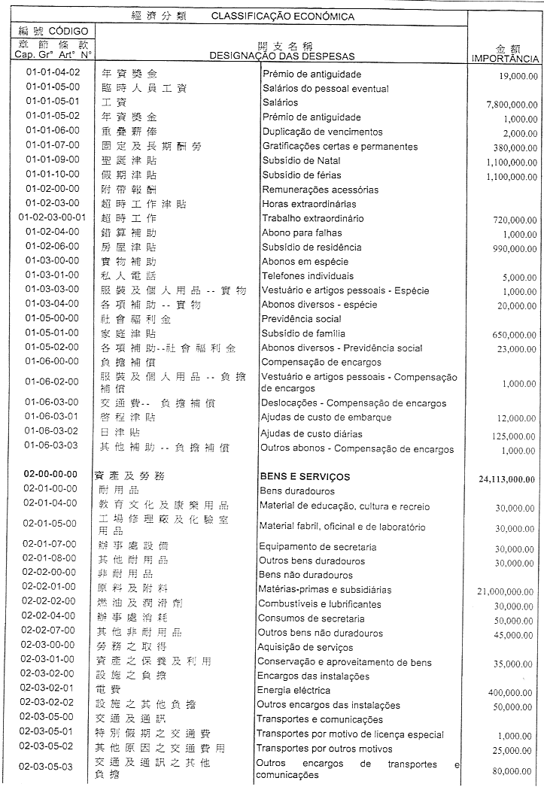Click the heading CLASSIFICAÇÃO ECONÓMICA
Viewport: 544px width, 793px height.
click(x=283, y=16)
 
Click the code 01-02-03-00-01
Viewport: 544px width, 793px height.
click(x=51, y=218)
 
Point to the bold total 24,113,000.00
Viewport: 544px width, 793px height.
click(x=506, y=479)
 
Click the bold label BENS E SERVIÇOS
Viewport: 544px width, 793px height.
click(x=305, y=476)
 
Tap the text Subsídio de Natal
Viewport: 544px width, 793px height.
click(x=300, y=161)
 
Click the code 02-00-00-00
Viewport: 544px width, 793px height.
click(x=51, y=475)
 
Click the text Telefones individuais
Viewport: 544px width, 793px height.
click(x=307, y=275)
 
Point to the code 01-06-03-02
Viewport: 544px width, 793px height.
click(x=51, y=432)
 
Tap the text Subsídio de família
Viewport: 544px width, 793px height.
click(x=303, y=333)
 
